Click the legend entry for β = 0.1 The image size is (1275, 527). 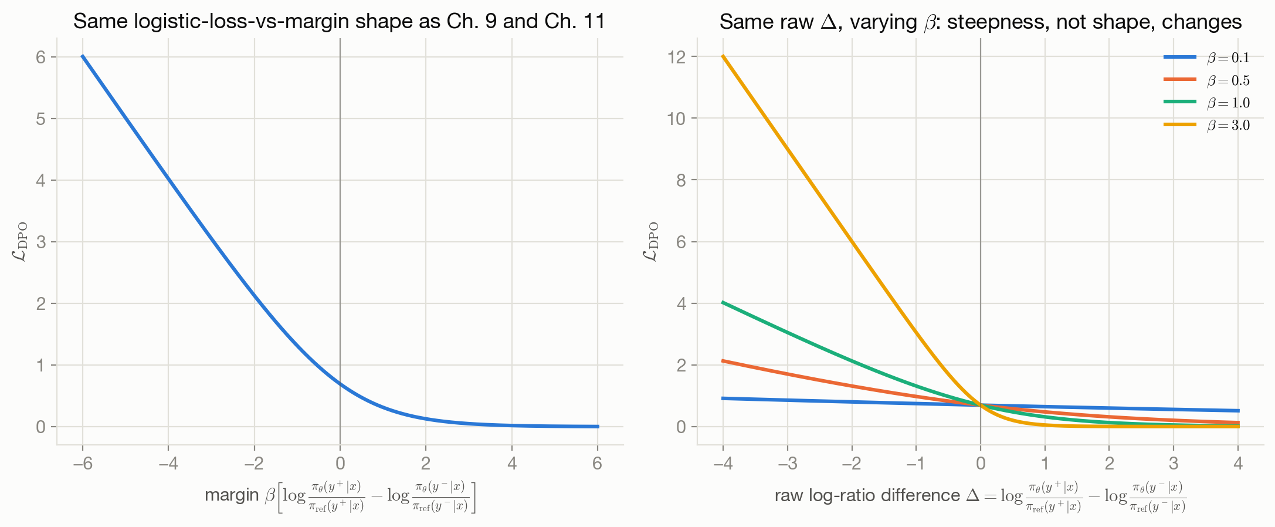1206,58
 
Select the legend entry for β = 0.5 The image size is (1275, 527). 1206,80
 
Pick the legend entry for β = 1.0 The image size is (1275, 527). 1206,103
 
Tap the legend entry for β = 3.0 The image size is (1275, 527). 1206,125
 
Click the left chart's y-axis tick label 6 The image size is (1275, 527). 40,57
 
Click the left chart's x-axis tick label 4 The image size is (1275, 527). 512,464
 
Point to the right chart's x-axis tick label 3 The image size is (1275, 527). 1174,464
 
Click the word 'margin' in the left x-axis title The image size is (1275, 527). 232,496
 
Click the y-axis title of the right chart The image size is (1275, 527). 652,242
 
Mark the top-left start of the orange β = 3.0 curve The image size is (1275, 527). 723,56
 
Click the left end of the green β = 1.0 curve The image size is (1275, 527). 723,302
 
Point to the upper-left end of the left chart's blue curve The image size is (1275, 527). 82,56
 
